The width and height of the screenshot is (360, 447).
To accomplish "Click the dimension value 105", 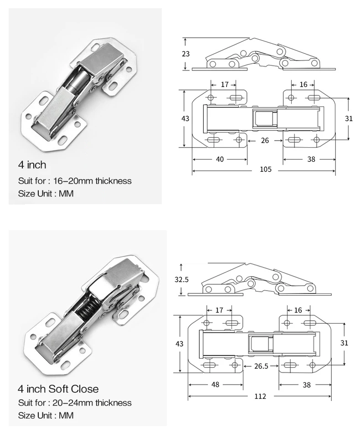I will tap(266, 170).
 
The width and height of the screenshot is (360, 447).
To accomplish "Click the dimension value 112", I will tap(260, 396).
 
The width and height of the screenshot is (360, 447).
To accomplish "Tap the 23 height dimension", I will tap(185, 54).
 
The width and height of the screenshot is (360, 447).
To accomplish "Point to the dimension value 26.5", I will tap(261, 366).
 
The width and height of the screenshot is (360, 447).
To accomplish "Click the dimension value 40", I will tap(220, 159).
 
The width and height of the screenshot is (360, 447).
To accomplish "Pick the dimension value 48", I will tap(216, 385).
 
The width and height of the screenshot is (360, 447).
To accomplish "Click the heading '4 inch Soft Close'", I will tap(58, 389).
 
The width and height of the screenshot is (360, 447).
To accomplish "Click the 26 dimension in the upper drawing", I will tap(265, 140).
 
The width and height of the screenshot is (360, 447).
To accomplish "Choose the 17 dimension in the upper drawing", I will tap(224, 84).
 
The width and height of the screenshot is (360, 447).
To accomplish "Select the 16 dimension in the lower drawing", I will tap(298, 310).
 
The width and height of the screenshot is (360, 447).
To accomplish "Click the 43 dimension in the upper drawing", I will tap(185, 118).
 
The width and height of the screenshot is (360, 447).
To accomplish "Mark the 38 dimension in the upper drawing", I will tap(311, 159).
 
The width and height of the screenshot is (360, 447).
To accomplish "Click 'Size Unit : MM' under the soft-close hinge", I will tap(46, 416).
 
